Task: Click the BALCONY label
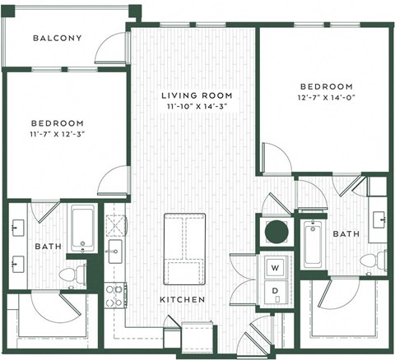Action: [57, 38]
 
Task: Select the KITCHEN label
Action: [183, 300]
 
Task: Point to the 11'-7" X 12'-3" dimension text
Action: [57, 131]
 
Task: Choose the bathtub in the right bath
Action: [313, 243]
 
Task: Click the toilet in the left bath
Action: [72, 271]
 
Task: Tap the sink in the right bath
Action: [380, 219]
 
